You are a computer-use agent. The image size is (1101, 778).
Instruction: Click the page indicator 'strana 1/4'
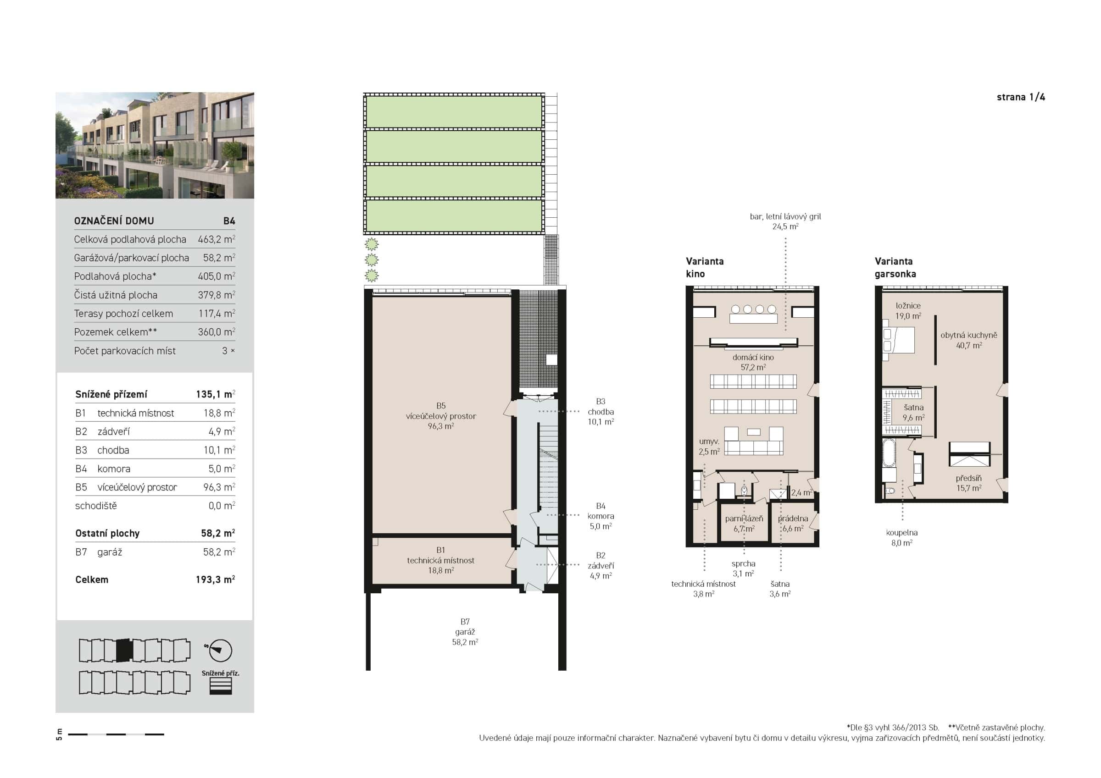pyautogui.click(x=1020, y=97)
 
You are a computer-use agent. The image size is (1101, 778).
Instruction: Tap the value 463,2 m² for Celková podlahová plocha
pyautogui.click(x=216, y=239)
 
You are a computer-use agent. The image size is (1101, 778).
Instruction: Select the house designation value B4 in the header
pyautogui.click(x=229, y=221)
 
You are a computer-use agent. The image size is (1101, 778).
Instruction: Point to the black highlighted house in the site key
pyautogui.click(x=124, y=651)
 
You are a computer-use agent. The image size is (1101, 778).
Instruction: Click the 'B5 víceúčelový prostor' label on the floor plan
pyautogui.click(x=441, y=416)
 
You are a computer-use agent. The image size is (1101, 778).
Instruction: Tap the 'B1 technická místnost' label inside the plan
pyautogui.click(x=441, y=560)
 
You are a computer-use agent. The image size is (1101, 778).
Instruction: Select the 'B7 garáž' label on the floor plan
pyautogui.click(x=465, y=632)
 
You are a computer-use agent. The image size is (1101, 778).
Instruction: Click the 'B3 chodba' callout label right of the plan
pyautogui.click(x=601, y=411)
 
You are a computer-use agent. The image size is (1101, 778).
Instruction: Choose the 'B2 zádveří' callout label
pyautogui.click(x=601, y=565)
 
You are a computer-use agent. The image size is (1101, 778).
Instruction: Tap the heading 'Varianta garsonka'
pyautogui.click(x=895, y=267)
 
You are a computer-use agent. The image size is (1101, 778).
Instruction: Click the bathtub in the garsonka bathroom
pyautogui.click(x=889, y=453)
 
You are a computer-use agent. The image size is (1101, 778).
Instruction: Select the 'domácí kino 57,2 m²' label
pyautogui.click(x=753, y=362)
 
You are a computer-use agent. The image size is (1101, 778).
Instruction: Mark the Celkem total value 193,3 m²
pyautogui.click(x=215, y=579)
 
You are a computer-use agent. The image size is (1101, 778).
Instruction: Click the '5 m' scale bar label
pyautogui.click(x=60, y=734)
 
